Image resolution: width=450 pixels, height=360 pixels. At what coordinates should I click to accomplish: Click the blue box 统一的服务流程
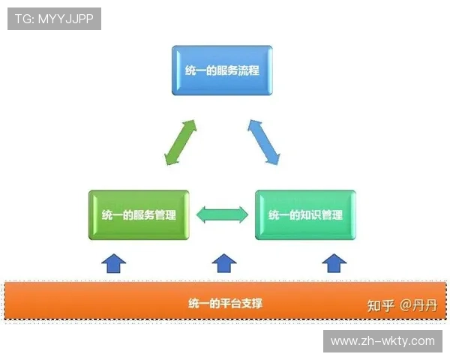point(222,70)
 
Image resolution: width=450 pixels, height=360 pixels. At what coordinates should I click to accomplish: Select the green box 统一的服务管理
point(139,215)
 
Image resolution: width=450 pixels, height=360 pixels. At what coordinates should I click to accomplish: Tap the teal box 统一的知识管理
point(305,215)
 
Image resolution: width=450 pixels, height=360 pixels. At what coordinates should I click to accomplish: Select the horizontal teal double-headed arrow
point(222,214)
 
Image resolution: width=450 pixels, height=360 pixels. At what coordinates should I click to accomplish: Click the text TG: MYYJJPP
point(54,19)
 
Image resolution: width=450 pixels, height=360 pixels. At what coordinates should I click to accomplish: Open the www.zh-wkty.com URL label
point(382,341)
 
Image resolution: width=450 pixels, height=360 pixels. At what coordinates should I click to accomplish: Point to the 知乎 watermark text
point(380,305)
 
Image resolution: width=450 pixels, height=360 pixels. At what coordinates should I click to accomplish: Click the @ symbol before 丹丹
point(406,305)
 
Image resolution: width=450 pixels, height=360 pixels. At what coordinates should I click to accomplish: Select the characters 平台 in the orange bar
point(229,304)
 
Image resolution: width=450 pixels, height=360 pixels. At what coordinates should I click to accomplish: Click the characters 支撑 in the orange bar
point(251,304)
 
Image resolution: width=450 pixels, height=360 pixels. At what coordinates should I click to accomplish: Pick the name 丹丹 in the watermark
point(425,305)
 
